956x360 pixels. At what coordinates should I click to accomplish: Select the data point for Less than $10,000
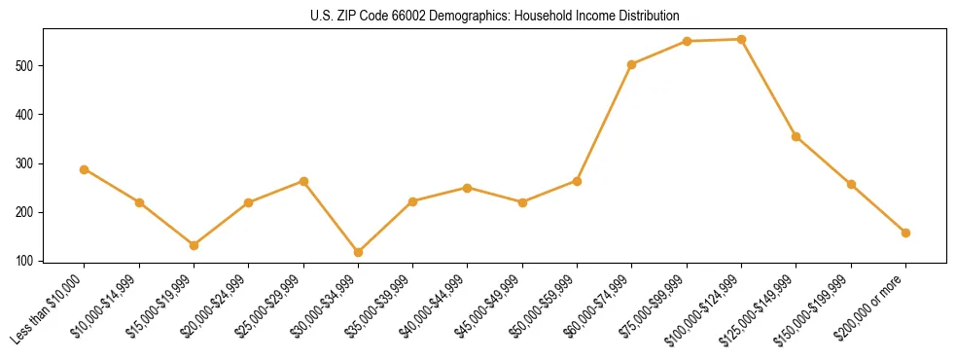[85, 169]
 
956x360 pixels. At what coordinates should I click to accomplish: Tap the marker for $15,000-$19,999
[194, 245]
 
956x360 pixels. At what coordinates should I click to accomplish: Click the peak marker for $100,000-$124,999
[741, 40]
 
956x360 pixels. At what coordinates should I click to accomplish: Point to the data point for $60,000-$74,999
[632, 64]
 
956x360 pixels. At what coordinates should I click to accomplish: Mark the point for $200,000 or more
[905, 233]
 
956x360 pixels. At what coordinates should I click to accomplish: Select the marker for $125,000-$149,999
[797, 136]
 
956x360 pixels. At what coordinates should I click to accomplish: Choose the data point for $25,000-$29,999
[303, 181]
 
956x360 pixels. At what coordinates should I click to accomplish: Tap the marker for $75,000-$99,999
[687, 41]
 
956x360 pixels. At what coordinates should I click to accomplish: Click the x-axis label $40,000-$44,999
[437, 306]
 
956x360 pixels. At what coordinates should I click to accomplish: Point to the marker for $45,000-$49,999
[522, 202]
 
